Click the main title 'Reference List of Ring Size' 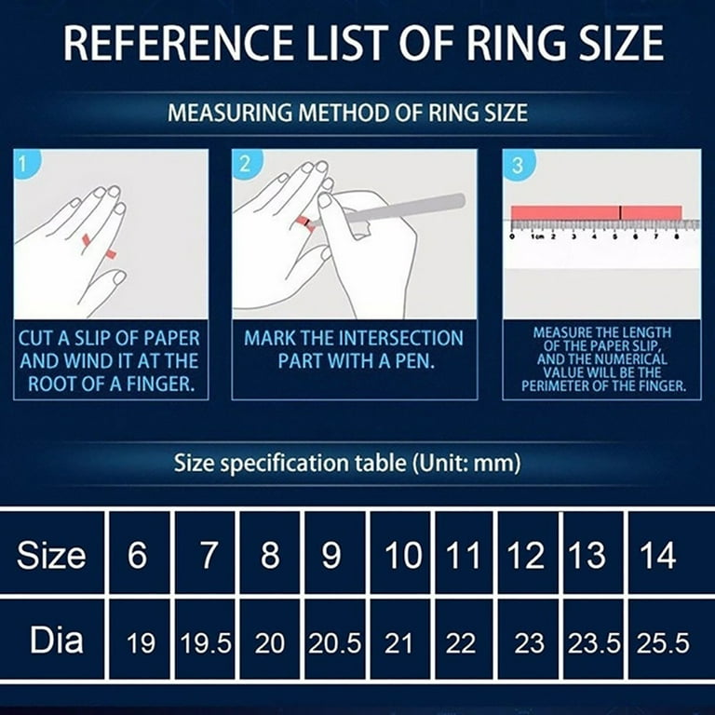click(357, 44)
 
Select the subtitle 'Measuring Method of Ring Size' click(347, 114)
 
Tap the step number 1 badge click(25, 165)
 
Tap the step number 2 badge click(245, 165)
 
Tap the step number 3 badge click(517, 165)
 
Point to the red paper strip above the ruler click(596, 212)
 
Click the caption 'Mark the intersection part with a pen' click(353, 348)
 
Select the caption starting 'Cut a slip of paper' click(110, 359)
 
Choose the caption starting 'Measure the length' click(600, 359)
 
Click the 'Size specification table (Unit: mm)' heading click(347, 464)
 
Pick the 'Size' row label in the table click(51, 556)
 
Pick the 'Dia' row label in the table click(55, 641)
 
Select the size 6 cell click(138, 556)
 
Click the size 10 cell click(402, 556)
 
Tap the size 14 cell click(658, 556)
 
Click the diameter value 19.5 click(206, 642)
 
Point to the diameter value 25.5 click(662, 642)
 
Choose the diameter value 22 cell click(462, 642)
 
